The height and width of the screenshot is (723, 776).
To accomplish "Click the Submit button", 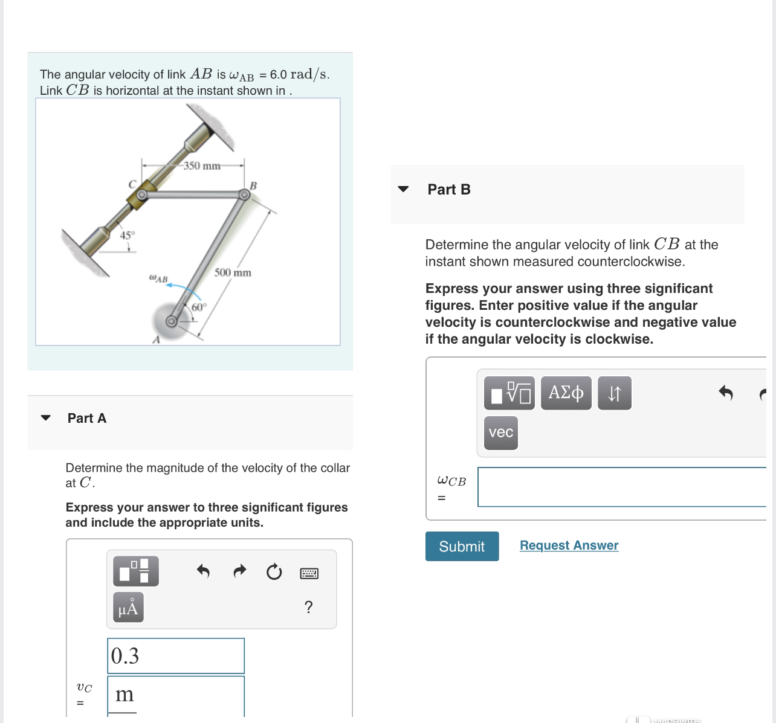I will tap(462, 546).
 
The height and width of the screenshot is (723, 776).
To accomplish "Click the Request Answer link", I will tap(569, 545).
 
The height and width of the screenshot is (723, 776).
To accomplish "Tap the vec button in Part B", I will tap(500, 432).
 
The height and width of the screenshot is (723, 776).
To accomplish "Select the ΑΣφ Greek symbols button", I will tap(566, 393).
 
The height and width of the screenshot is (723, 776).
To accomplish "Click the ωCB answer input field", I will tap(621, 487).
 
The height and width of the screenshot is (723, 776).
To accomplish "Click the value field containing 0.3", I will tap(176, 656).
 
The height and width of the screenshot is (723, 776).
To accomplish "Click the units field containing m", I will tap(176, 695).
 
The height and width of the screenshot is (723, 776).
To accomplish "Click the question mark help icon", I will tap(308, 607).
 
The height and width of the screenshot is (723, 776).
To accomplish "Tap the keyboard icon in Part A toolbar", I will tap(309, 573).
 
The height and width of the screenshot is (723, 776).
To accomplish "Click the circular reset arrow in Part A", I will tap(274, 571).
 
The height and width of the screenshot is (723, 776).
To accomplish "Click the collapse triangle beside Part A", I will tap(45, 418).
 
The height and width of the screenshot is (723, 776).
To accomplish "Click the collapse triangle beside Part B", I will tap(403, 189).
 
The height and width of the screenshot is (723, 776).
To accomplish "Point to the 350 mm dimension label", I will tap(202, 165).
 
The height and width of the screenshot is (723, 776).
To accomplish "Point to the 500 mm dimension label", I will tap(233, 272).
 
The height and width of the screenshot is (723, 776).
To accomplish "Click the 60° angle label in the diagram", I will tap(199, 307).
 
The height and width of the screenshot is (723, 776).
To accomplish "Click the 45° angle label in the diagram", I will tap(128, 235).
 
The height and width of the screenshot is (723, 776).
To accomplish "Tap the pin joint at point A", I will tap(172, 321).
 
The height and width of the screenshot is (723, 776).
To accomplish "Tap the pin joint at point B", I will tap(244, 194).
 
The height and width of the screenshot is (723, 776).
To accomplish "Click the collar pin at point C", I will tap(141, 195).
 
